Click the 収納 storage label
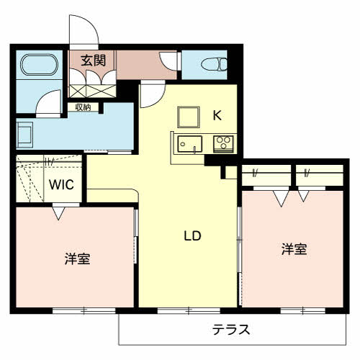pyautogui.click(x=83, y=107)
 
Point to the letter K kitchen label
pyautogui.click(x=217, y=113)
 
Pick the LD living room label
pyautogui.click(x=192, y=235)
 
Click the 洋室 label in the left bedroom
pyautogui.click(x=77, y=258)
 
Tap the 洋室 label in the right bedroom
pyautogui.click(x=294, y=249)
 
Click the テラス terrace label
pyautogui.click(x=231, y=330)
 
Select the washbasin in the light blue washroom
pyautogui.click(x=25, y=135)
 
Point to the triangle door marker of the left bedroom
pyautogui.click(x=58, y=213)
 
